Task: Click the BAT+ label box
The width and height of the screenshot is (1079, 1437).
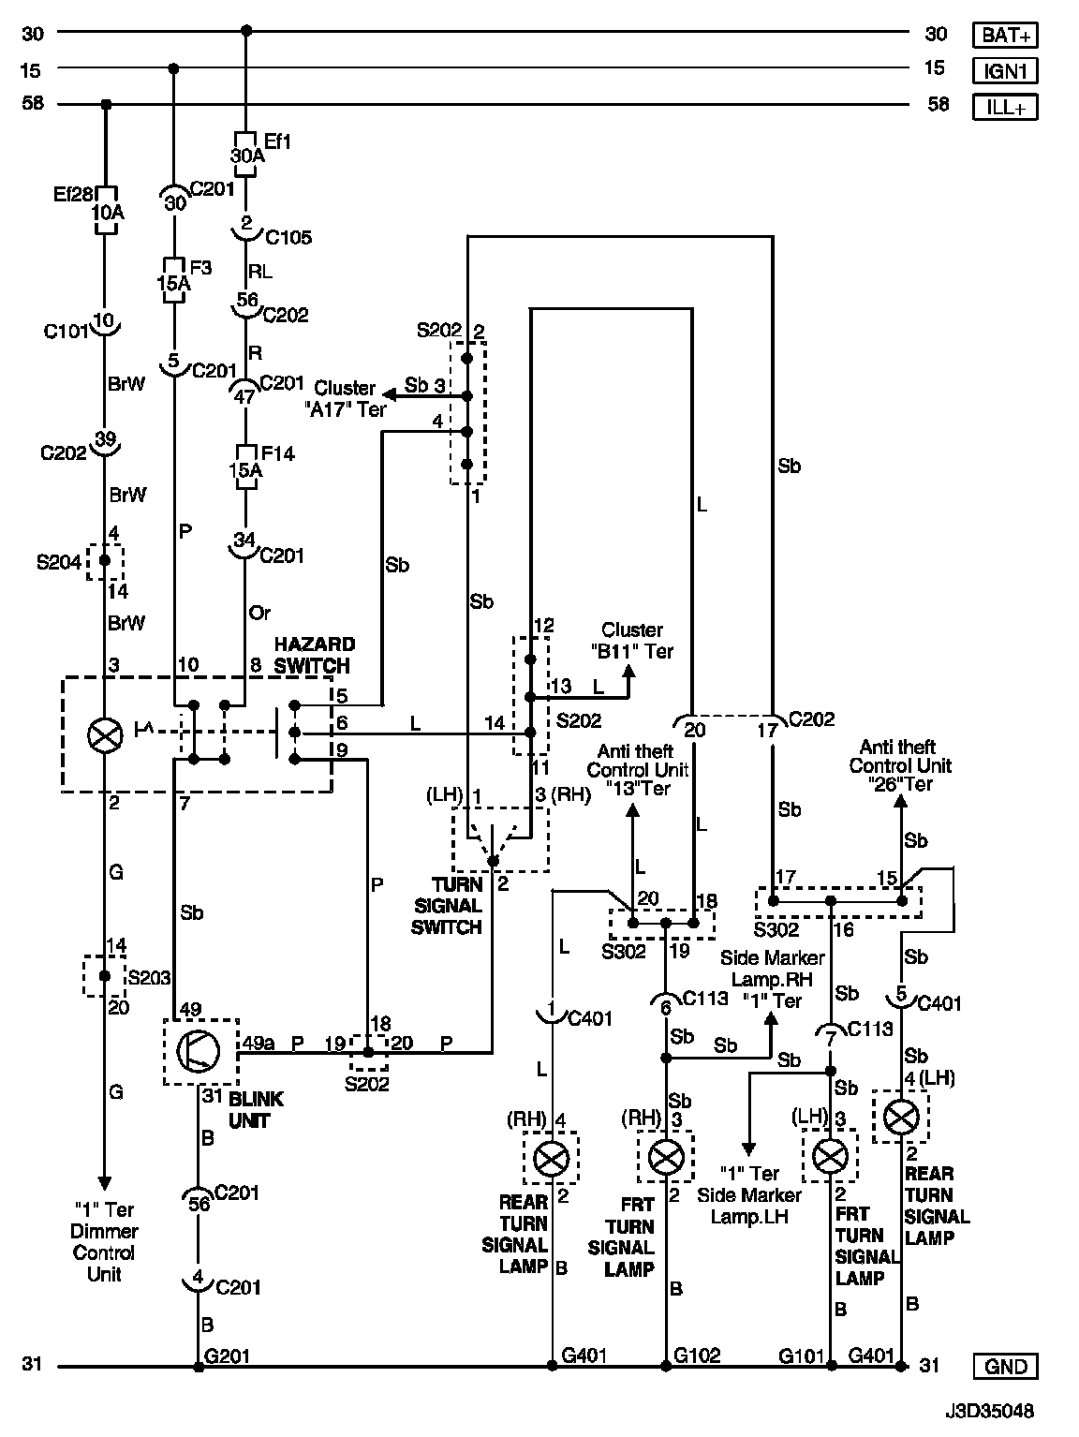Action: pos(1006,36)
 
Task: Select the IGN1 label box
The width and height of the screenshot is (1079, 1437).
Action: pos(1006,70)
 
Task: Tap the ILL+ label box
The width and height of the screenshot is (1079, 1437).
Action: pos(1006,106)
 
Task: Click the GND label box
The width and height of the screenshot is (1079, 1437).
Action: pos(1006,1366)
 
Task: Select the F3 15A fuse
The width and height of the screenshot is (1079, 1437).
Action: pos(174,280)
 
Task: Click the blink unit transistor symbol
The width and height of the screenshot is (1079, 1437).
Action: pos(200,1051)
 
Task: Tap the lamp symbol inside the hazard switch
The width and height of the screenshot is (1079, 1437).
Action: pos(105,734)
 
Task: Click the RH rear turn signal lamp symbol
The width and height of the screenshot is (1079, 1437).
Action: pos(551,1159)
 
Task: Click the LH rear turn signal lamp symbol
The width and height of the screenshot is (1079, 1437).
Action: pos(902,1115)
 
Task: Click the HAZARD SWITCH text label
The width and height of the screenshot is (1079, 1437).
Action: pos(314,655)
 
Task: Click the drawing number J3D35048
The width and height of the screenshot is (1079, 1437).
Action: pos(991,1408)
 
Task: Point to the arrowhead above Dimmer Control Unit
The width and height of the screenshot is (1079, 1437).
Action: pos(105,1181)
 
